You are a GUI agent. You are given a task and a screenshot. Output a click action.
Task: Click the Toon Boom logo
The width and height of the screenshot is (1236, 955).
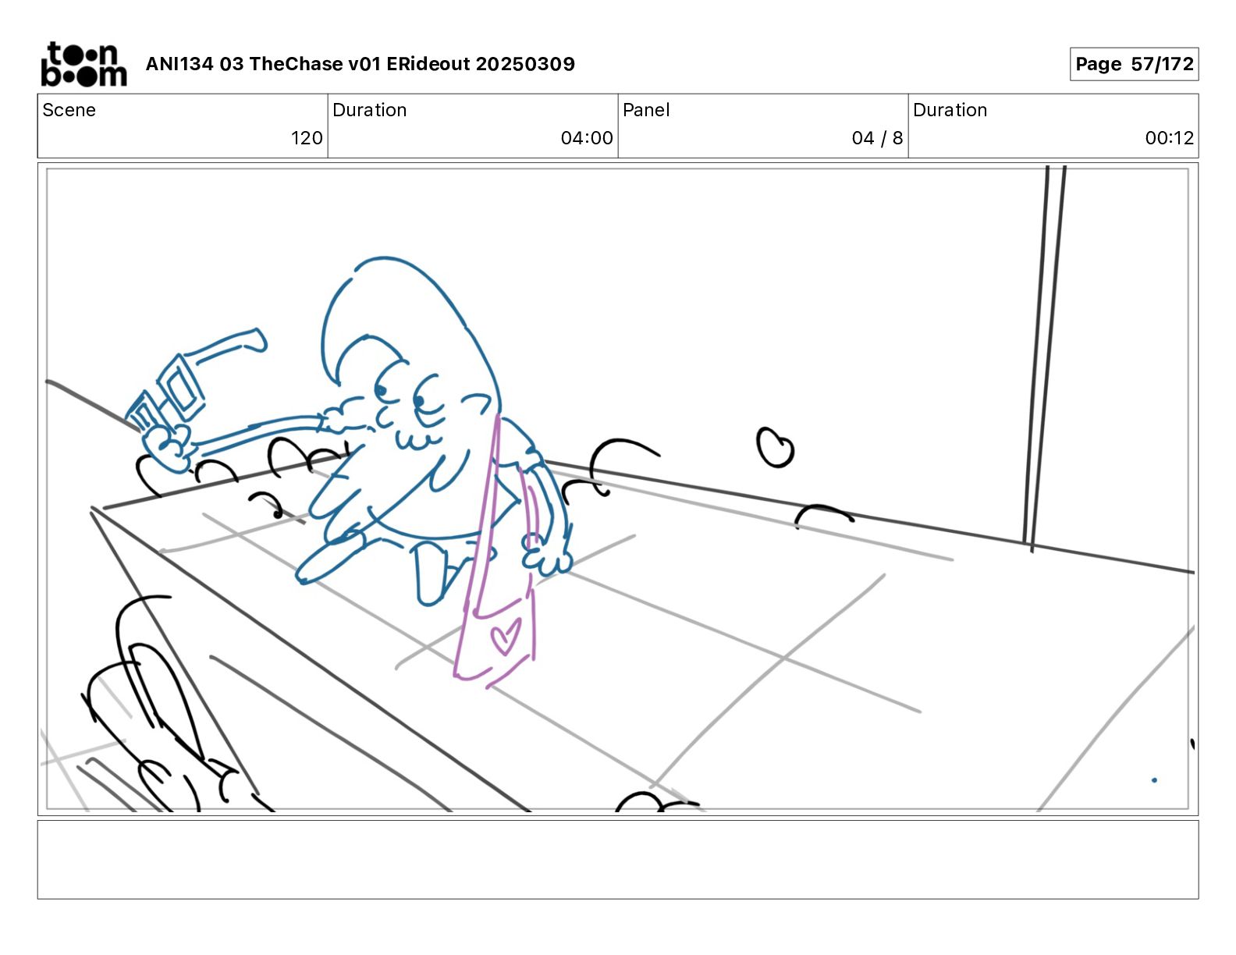click(x=83, y=64)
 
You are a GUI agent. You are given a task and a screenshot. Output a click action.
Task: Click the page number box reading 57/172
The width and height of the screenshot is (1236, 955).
click(x=1134, y=64)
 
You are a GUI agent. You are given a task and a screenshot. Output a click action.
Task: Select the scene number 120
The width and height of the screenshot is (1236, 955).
click(x=307, y=137)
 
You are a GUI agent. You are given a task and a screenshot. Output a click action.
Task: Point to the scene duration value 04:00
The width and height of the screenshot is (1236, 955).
click(x=587, y=137)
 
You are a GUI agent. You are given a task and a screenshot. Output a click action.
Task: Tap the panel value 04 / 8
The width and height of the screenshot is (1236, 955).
click(x=877, y=137)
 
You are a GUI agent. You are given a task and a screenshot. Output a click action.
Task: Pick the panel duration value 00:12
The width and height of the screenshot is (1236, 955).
click(x=1169, y=137)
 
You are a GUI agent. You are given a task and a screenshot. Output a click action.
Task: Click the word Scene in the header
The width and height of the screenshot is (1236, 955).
click(x=69, y=110)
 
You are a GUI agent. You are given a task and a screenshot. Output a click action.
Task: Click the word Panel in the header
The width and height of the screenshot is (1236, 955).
click(x=646, y=110)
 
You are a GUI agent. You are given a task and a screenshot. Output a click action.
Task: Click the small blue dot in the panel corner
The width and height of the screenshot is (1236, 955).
click(x=1154, y=779)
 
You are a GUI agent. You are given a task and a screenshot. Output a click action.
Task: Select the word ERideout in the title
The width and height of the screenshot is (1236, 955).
click(x=428, y=64)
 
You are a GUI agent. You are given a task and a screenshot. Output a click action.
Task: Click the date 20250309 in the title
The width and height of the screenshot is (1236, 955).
click(x=525, y=64)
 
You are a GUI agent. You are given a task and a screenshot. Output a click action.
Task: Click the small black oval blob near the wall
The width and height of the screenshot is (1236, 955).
click(x=775, y=447)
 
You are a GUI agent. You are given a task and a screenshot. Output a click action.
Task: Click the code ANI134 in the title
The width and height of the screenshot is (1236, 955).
click(x=179, y=64)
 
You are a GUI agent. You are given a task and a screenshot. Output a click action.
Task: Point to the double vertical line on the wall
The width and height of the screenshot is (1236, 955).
click(x=1044, y=358)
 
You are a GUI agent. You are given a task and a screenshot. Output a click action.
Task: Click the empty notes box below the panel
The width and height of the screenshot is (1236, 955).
click(x=618, y=860)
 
